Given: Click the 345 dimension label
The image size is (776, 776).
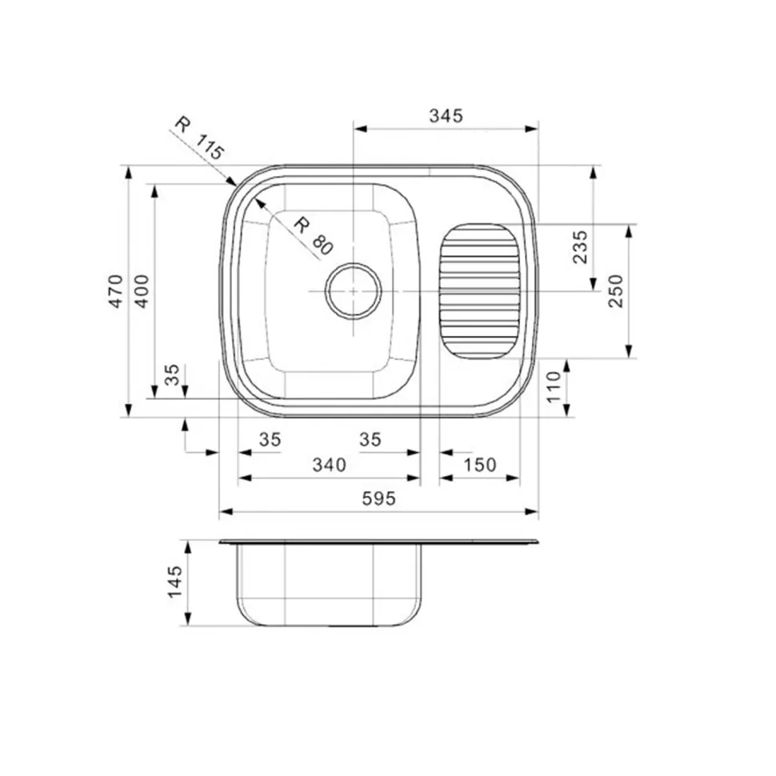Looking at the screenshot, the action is point(446,116).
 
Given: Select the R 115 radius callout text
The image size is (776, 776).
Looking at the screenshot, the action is point(200,138).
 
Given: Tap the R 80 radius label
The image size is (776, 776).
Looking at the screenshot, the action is point(314,238).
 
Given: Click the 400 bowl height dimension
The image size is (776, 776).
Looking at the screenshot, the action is point(142,291).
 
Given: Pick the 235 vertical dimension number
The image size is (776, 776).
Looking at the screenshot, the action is point(580,247).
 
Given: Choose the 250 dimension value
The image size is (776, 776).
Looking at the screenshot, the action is point(616,291).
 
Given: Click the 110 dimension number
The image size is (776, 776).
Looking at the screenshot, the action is point(554,386).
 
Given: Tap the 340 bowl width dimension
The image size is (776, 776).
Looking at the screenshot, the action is point(329,465).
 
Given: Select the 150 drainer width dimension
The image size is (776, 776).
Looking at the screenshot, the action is point(479,465).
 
